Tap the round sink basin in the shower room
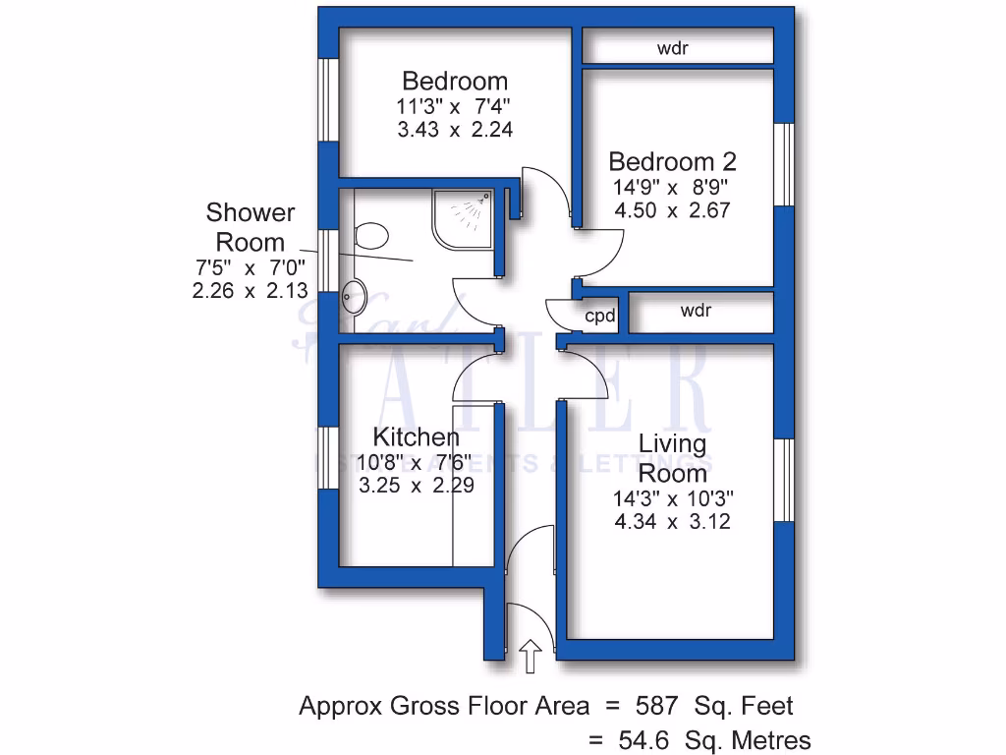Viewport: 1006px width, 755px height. coord(355,297)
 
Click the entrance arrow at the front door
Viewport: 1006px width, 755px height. coord(530,655)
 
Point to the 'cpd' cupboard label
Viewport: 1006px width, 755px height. coord(600,317)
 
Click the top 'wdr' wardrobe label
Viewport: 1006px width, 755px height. coord(672,47)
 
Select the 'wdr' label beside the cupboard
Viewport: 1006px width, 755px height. coord(696,311)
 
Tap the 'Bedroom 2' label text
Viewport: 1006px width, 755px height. coord(672,162)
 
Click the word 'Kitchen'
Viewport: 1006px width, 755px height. coord(416,437)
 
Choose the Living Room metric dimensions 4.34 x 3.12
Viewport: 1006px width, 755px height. coord(672,522)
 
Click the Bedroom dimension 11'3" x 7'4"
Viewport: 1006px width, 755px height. coord(455,106)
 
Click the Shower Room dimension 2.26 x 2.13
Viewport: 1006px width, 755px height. coord(251,290)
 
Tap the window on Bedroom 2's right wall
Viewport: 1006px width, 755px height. coord(784,165)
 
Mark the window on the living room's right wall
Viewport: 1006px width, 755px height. coord(784,480)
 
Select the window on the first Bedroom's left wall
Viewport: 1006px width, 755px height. coord(327,101)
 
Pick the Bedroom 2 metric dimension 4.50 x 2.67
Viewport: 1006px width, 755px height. coord(672,210)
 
